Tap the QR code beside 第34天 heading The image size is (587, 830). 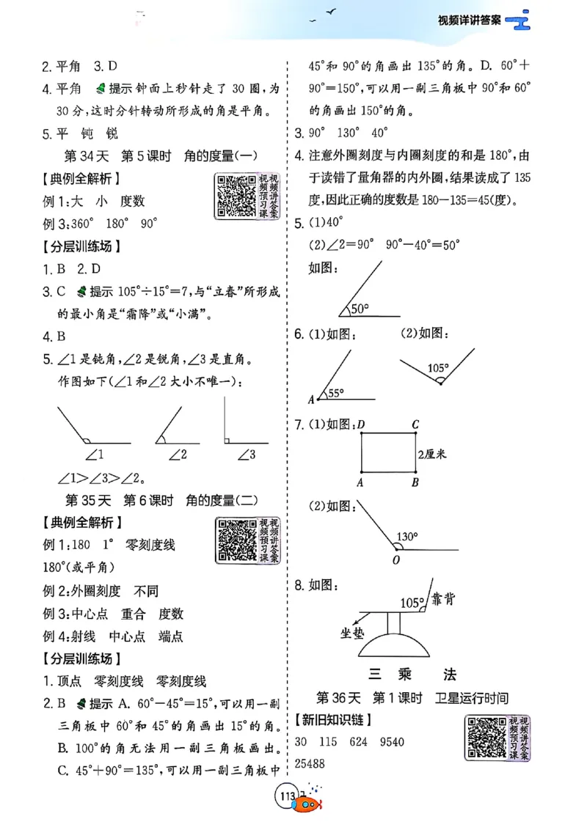point(236,195)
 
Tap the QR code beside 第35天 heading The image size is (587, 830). point(236,540)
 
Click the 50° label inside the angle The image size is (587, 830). point(360,309)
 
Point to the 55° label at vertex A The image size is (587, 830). point(336,393)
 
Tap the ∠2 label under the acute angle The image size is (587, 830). point(177,455)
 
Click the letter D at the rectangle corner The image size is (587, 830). point(361,424)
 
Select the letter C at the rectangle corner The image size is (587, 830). point(415,424)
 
